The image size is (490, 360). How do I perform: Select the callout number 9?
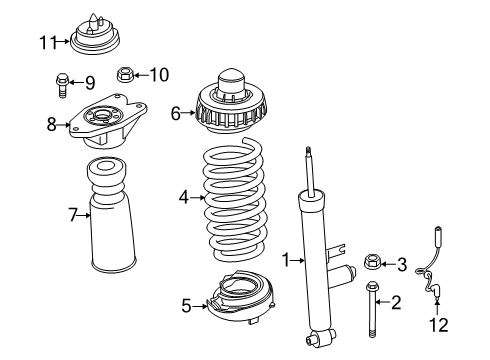[89, 82]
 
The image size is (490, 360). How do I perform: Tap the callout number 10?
[159, 73]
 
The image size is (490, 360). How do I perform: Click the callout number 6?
[176, 114]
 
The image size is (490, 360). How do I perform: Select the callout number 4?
[183, 198]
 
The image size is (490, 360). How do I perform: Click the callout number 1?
[285, 260]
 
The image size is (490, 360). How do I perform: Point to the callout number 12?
[439, 325]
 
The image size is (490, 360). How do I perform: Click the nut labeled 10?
[127, 73]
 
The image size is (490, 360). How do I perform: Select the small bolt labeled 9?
[62, 85]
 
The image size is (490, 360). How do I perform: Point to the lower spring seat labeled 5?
[236, 297]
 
